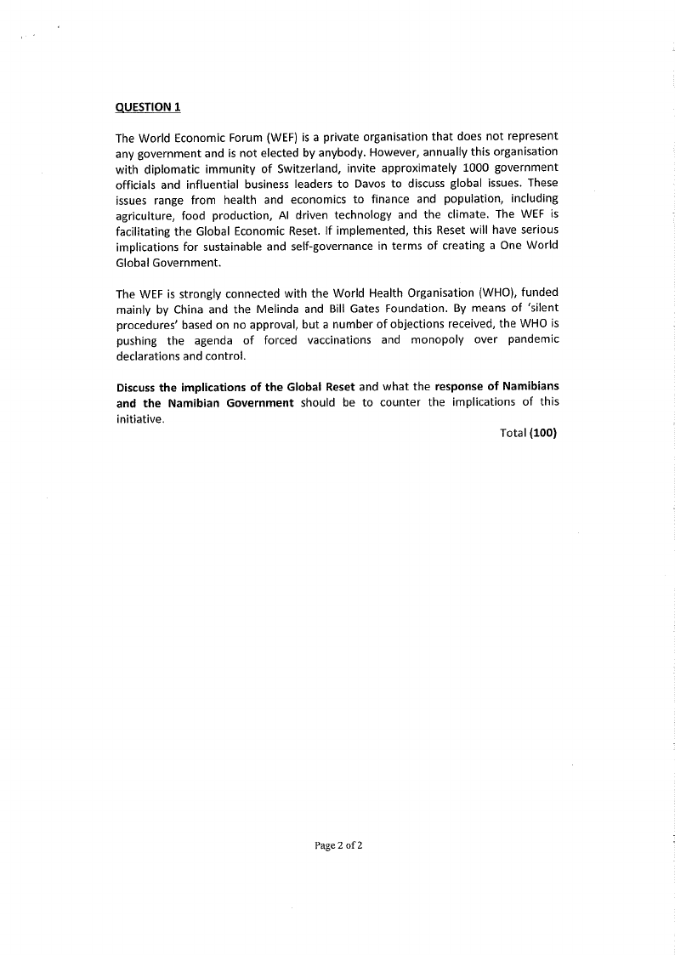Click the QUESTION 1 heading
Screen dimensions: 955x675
pyautogui.click(x=148, y=107)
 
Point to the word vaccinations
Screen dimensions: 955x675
pyautogui.click(x=337, y=340)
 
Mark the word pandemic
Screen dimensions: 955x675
pyautogui.click(x=532, y=340)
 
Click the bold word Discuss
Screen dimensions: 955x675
pyautogui.click(x=136, y=388)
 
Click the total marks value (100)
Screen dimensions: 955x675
pyautogui.click(x=542, y=433)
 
